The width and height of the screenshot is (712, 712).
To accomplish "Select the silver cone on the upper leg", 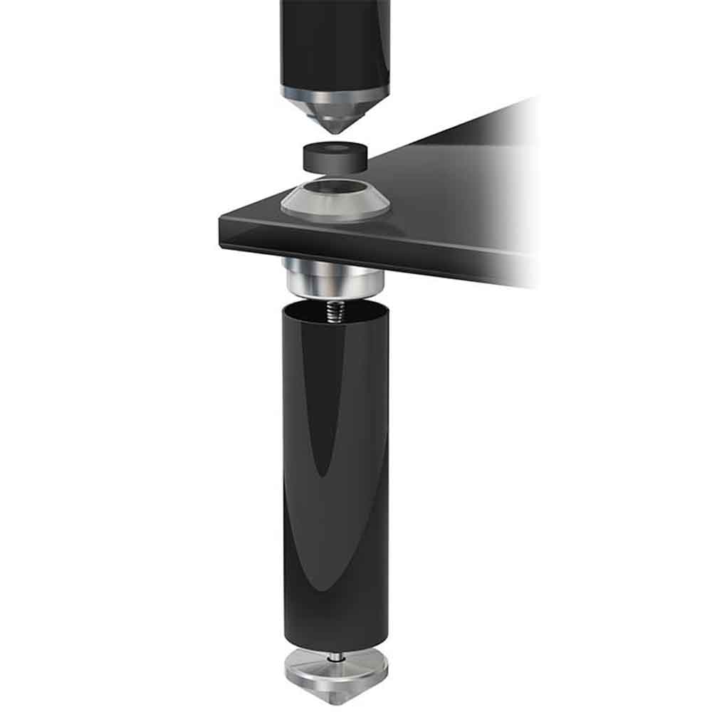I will click(x=335, y=114).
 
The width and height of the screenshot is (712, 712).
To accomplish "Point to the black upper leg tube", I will click(x=335, y=43).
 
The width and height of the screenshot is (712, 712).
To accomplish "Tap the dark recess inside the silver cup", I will click(x=335, y=189).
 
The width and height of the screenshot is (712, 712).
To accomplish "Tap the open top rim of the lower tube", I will click(x=334, y=305).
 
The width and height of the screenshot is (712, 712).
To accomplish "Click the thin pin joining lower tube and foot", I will click(x=334, y=649).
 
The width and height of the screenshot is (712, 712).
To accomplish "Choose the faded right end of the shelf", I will click(x=520, y=214).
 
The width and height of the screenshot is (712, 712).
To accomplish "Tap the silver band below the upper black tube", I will click(x=335, y=93).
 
